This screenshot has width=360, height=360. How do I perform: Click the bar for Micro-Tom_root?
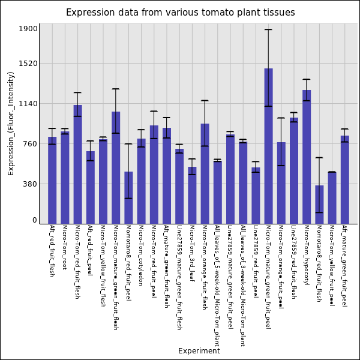(65, 178)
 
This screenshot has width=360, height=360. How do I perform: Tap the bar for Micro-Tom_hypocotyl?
(307, 157)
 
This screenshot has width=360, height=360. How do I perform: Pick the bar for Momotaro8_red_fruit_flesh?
(319, 205)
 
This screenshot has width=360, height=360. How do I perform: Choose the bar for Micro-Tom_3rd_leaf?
(192, 195)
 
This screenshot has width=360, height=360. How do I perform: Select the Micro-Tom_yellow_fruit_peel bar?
(332, 198)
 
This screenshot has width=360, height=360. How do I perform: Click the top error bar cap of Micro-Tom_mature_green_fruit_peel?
(268, 29)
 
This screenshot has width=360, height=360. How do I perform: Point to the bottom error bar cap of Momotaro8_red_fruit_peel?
(128, 198)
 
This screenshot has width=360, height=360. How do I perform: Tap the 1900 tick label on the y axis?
(28, 29)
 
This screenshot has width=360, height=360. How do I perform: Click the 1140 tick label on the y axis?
(28, 104)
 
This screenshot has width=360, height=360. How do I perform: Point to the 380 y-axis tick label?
(30, 184)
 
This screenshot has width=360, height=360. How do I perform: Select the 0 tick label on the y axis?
(35, 220)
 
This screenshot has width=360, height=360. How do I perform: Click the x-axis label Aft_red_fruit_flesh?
(52, 251)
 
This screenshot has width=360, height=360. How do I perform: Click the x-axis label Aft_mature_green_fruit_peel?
(344, 266)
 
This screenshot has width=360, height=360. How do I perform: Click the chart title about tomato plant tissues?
(180, 13)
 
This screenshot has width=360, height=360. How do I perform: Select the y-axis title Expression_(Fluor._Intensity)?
(11, 123)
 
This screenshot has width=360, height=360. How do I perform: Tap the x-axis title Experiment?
(199, 351)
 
